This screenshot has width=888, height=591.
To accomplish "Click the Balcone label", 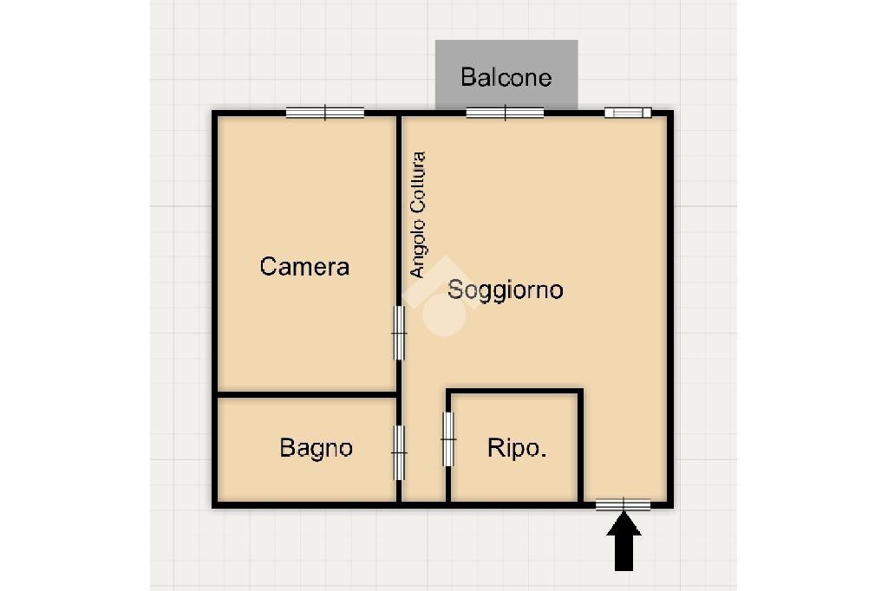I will [506, 77].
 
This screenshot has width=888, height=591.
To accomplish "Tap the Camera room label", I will [304, 266].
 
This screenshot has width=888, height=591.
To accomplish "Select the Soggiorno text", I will [505, 289].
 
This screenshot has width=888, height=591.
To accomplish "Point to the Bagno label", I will [316, 448].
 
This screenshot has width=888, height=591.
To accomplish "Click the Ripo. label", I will [517, 448].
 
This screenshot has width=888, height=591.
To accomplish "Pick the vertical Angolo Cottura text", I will [418, 215].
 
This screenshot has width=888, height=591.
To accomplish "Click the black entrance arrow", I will [624, 541].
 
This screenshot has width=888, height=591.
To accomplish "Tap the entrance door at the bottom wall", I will [624, 504].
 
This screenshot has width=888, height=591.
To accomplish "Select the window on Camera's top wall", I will [324, 112].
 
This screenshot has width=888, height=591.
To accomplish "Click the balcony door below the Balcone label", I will [505, 112].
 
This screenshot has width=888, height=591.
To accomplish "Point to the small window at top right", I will [627, 112].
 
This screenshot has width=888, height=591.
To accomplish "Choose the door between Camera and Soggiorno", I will [399, 332].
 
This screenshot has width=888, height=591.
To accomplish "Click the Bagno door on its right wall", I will [399, 451].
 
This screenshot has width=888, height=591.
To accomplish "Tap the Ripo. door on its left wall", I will [448, 438].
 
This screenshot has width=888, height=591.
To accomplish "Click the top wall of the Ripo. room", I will [513, 392].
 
